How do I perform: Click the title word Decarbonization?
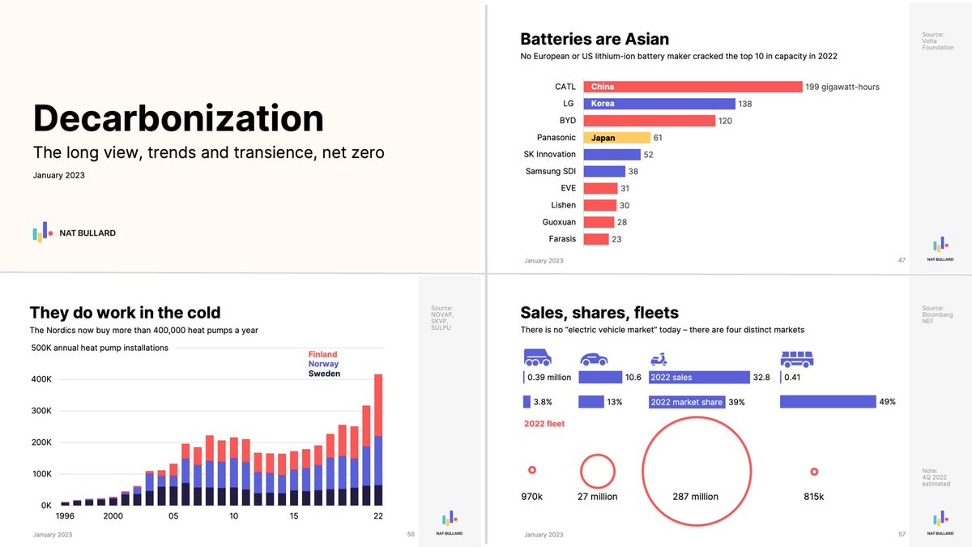[178, 118]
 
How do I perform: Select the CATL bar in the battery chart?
[693, 87]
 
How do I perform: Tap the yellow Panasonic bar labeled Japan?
[616, 138]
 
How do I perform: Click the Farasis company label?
[562, 239]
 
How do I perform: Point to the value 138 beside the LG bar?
[745, 104]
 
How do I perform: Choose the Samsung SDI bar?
[604, 171]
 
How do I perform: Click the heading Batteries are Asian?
[594, 39]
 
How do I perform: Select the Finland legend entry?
[322, 354]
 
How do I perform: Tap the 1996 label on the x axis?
[65, 516]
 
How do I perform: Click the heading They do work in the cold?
[125, 313]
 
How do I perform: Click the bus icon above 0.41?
[796, 359]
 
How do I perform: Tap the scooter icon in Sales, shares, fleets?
[659, 359]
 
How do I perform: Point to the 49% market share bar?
[828, 402]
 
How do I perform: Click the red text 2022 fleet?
[544, 424]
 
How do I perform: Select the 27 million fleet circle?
[598, 471]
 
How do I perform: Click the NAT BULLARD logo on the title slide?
[74, 233]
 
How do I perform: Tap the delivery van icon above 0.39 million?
[537, 358]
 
